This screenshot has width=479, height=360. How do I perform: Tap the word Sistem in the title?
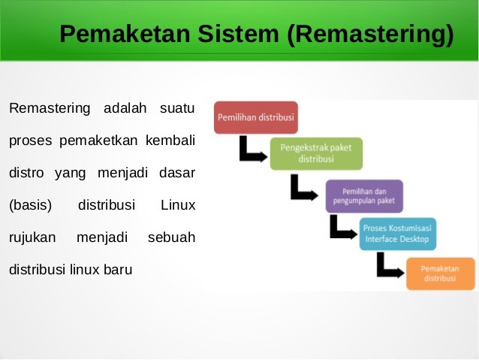(228, 35)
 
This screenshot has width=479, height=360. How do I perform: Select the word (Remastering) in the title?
(369, 35)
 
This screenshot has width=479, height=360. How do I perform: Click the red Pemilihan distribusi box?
(256, 118)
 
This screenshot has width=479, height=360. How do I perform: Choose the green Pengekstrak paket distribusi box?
(316, 154)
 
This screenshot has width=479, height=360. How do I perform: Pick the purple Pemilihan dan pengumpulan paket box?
(364, 195)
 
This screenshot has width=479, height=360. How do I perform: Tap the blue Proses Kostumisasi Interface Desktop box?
(397, 234)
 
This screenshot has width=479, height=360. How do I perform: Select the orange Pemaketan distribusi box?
(441, 273)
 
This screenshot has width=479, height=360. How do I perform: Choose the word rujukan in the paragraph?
(33, 237)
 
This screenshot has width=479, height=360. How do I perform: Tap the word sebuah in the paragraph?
(172, 237)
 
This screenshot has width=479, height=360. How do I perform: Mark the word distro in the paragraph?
(26, 172)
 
